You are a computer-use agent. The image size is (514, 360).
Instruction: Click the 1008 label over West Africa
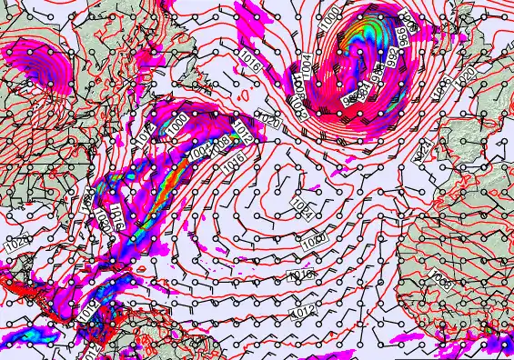point(439,275)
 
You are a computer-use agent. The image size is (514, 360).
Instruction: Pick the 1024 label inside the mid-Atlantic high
point(303,209)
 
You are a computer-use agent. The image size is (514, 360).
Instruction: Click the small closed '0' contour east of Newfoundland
point(240,93)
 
